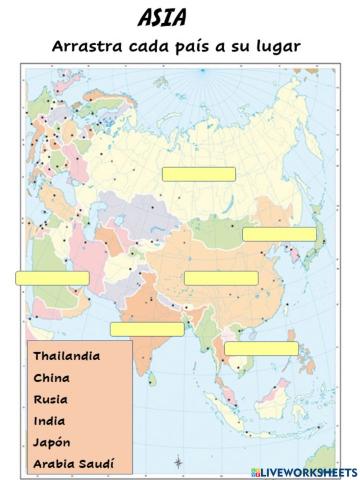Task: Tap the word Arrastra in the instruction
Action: click(x=87, y=47)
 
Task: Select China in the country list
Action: click(x=51, y=377)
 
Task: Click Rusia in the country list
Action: click(x=51, y=399)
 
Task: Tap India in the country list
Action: click(x=50, y=421)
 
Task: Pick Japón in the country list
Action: click(x=52, y=443)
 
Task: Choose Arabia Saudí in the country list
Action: click(x=74, y=465)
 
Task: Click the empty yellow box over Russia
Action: click(x=199, y=174)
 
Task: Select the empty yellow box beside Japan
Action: click(x=279, y=234)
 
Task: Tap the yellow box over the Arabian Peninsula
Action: click(x=52, y=278)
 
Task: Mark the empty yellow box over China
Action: click(x=221, y=278)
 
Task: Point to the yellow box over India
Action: click(x=147, y=329)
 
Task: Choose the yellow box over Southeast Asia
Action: click(x=261, y=348)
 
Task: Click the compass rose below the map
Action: click(x=178, y=461)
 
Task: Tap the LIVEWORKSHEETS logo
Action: click(x=306, y=470)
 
